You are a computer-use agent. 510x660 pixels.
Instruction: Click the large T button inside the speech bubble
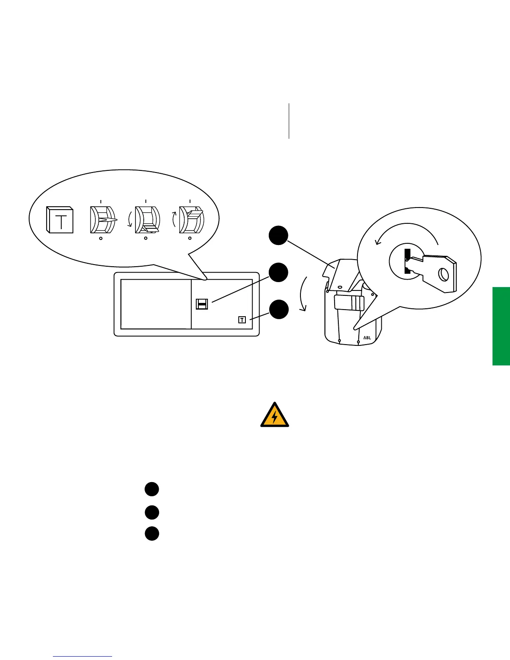(x=60, y=220)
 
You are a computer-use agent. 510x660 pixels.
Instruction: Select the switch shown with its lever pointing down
(x=146, y=220)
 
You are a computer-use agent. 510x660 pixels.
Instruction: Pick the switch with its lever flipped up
(x=191, y=220)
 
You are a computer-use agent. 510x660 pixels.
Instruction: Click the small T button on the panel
(x=242, y=320)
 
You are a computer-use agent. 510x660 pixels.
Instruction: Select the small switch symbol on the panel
(x=202, y=304)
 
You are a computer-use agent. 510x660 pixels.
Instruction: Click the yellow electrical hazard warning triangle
(x=275, y=415)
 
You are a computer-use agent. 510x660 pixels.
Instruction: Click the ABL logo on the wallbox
(x=367, y=337)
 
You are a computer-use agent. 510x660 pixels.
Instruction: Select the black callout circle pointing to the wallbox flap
(x=278, y=236)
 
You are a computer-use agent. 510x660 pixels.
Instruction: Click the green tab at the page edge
(x=501, y=326)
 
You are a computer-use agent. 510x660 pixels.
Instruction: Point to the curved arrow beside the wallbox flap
(x=303, y=294)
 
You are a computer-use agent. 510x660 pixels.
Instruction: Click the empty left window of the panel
(x=156, y=304)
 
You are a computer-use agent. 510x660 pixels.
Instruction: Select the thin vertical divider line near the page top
(x=289, y=121)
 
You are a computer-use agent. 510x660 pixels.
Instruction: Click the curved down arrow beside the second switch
(x=130, y=219)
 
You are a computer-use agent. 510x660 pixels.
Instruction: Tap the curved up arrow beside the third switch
(x=175, y=219)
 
